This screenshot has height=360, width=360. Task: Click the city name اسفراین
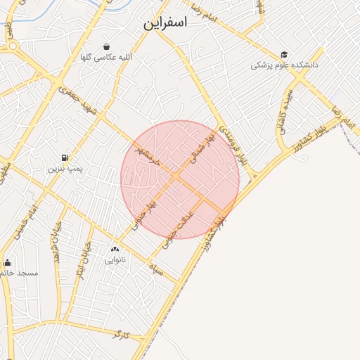tap(166, 22)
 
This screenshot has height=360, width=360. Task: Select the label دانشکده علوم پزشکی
tap(285, 65)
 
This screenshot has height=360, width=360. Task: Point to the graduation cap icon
tap(284, 54)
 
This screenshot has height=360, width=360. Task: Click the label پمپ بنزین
tap(65, 169)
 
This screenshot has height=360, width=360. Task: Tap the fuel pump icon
tap(65, 157)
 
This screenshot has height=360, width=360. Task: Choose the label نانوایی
tap(115, 259)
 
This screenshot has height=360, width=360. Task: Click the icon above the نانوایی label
tap(115, 249)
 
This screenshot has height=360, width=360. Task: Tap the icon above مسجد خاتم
tap(8, 262)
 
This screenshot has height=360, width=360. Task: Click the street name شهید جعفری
tap(77, 99)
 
